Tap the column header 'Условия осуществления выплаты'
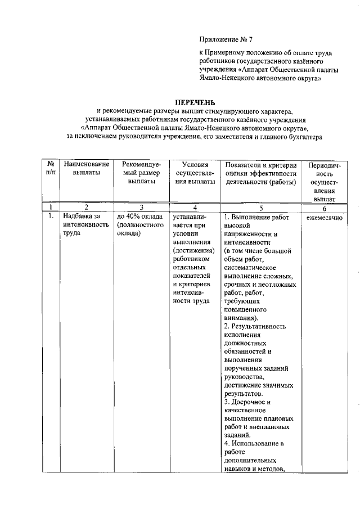193,173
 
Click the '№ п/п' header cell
49,168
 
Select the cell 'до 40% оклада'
139,217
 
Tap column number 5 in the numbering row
262,207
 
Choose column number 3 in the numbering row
141,207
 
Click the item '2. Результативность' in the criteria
255,326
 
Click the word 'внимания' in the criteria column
242,318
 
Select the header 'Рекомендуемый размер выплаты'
141,173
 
